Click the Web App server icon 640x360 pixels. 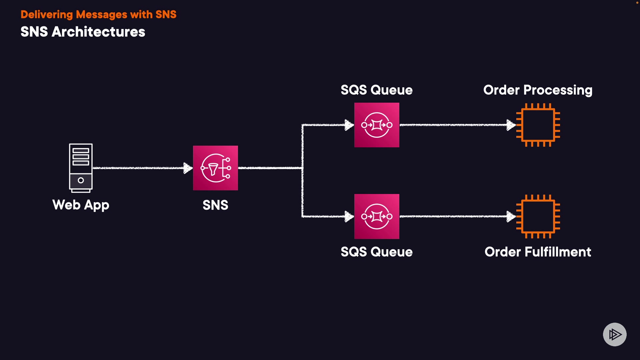(x=81, y=168)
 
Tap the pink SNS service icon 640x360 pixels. (x=215, y=168)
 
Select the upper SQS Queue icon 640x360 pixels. (x=377, y=125)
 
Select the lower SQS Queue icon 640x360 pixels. (x=377, y=216)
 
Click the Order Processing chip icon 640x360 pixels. (x=538, y=125)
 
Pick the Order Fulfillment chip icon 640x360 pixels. (x=538, y=216)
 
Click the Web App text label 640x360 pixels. (x=81, y=205)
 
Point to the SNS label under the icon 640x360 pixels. (x=215, y=205)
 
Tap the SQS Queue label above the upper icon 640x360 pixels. (x=377, y=90)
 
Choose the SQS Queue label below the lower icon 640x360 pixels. (x=377, y=252)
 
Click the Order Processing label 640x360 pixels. (x=538, y=90)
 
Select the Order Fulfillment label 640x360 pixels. (x=538, y=252)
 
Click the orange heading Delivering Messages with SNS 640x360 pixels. (x=98, y=14)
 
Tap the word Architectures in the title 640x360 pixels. (x=98, y=32)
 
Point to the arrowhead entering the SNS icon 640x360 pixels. (x=188, y=168)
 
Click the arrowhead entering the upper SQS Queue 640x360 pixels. (x=349, y=125)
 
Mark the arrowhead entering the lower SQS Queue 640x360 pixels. (x=349, y=216)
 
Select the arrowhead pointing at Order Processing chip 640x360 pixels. (x=511, y=125)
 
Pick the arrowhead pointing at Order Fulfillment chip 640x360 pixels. (x=511, y=216)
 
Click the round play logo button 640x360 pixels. (x=615, y=334)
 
